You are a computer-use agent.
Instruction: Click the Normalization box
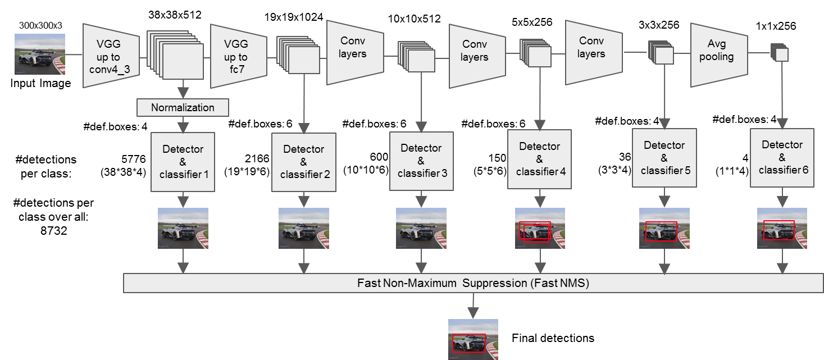tap(183, 107)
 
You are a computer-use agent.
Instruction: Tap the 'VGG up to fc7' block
tap(235, 56)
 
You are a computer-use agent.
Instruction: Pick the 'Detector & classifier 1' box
tap(183, 162)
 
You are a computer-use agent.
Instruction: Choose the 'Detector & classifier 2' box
tap(304, 162)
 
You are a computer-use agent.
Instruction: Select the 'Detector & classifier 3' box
tap(421, 161)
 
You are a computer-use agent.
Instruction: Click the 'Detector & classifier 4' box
tap(540, 159)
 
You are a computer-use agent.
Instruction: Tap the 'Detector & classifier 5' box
tap(664, 158)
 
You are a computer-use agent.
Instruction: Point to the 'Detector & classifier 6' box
tap(782, 157)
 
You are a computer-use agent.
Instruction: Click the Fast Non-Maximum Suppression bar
tap(473, 283)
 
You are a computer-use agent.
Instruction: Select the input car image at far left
tap(39, 54)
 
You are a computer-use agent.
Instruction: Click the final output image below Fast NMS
tap(473, 339)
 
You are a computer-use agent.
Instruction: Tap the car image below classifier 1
tap(183, 228)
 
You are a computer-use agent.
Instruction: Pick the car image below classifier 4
tap(540, 228)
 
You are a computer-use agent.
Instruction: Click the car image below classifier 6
tap(782, 228)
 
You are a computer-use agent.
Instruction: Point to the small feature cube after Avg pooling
tap(780, 53)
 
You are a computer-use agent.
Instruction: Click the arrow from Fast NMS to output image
tap(473, 306)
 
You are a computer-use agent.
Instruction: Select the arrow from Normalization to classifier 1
tap(183, 124)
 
